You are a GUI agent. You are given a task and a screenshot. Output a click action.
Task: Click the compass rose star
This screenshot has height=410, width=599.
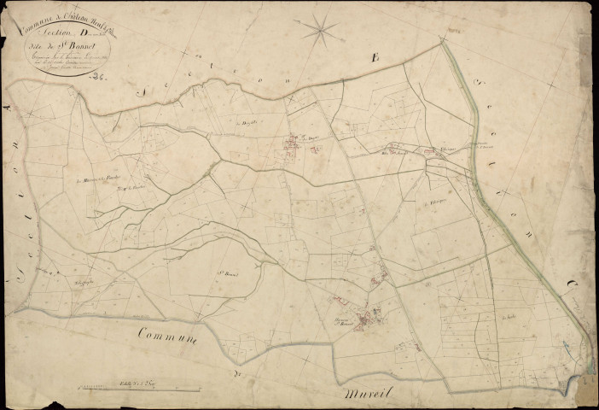323,32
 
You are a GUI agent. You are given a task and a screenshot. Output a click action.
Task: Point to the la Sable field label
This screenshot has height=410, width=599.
511,317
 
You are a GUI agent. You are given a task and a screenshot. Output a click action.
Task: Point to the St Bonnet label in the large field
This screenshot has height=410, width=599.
225,274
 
